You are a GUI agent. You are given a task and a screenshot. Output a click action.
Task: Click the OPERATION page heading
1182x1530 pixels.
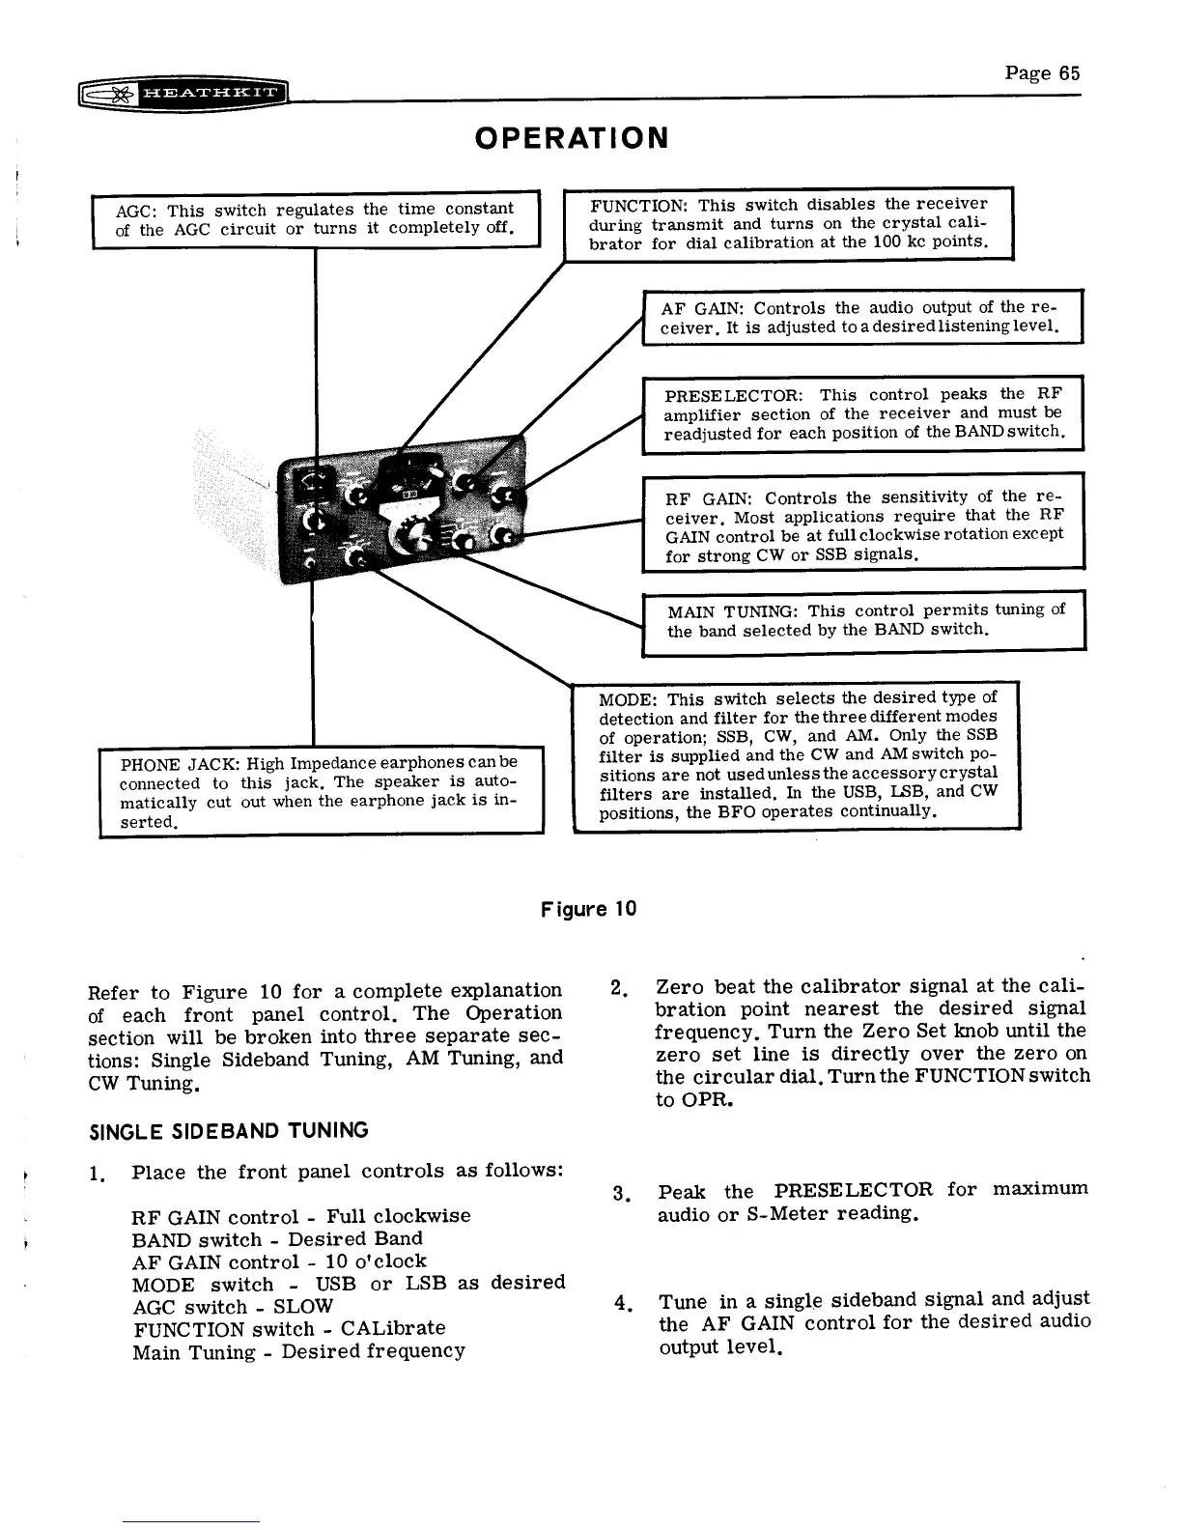tap(572, 137)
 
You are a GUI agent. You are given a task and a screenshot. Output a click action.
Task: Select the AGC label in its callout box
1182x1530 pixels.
tap(133, 211)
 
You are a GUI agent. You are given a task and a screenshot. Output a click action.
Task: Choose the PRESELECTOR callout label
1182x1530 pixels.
tap(734, 396)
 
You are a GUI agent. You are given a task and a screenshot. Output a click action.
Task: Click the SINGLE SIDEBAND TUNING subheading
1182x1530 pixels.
tap(228, 1130)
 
